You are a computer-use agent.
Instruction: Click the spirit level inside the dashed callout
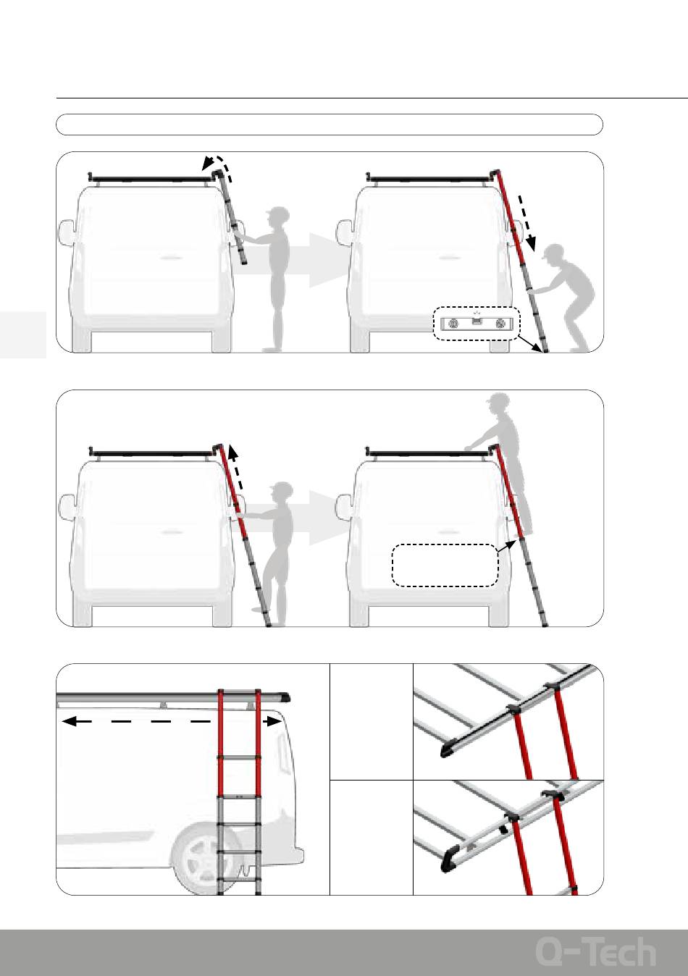tap(477, 324)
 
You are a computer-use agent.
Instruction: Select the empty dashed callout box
tap(445, 565)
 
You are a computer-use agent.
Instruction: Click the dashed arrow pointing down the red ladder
tap(527, 223)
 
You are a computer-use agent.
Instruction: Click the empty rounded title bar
tap(330, 125)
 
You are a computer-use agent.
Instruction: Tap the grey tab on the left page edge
tap(22, 335)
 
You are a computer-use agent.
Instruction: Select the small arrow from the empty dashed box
tap(507, 546)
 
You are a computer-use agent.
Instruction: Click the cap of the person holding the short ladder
tap(277, 212)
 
